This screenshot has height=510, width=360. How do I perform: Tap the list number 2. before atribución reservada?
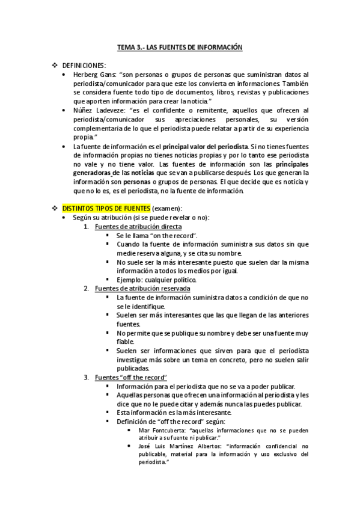[x=87, y=289]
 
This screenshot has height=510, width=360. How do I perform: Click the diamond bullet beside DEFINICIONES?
[x=55, y=65]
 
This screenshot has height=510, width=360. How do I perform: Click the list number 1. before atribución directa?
[x=87, y=226]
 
